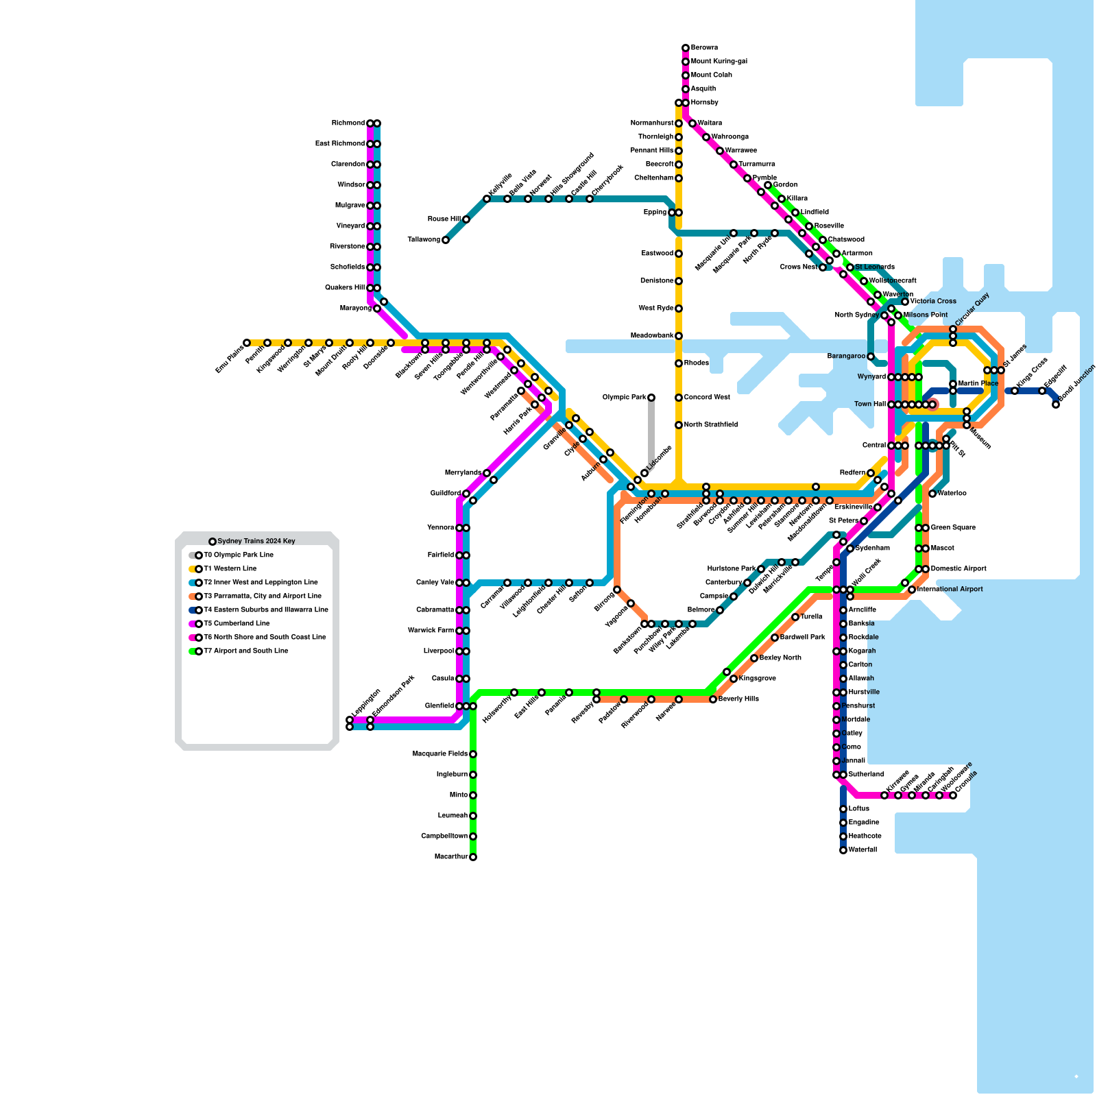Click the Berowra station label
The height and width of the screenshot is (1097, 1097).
click(x=704, y=48)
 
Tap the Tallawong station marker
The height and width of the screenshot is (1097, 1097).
click(x=446, y=240)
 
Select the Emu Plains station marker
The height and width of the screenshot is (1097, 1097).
click(x=247, y=343)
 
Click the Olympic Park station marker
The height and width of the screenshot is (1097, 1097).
click(x=651, y=398)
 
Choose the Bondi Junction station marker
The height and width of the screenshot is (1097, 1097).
click(x=1056, y=405)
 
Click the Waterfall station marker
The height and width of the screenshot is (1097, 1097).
click(x=843, y=850)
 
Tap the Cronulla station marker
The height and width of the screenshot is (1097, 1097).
click(x=953, y=795)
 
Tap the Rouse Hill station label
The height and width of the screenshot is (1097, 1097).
click(x=444, y=219)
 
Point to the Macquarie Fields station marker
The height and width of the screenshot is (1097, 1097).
click(x=473, y=754)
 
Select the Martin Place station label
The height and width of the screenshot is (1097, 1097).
click(x=978, y=384)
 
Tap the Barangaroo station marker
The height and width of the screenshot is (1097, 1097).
click(x=871, y=357)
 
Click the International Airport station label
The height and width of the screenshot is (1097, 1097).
click(x=950, y=590)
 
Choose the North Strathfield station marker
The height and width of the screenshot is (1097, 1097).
click(x=679, y=425)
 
